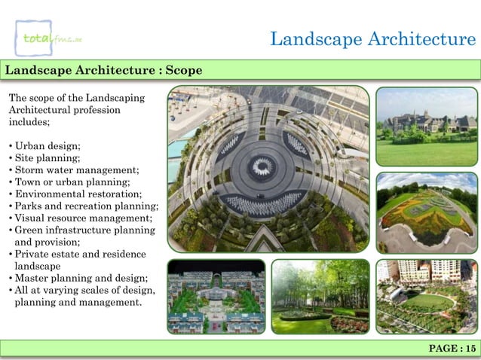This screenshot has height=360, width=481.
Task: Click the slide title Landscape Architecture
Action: pyautogui.click(x=372, y=39)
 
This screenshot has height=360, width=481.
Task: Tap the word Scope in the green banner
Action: pyautogui.click(x=183, y=70)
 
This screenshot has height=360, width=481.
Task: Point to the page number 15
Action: pyautogui.click(x=452, y=348)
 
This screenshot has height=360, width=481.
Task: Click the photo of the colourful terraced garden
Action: pyautogui.click(x=426, y=212)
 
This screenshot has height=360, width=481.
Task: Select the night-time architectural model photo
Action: pyautogui.click(x=216, y=297)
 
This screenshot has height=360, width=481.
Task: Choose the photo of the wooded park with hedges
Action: pyautogui.click(x=320, y=297)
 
